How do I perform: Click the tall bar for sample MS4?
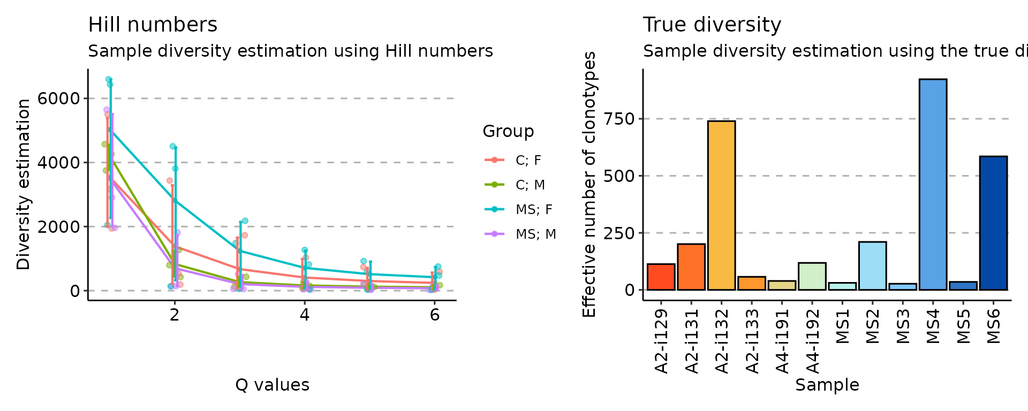pyautogui.click(x=933, y=185)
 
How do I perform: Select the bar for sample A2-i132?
pyautogui.click(x=721, y=205)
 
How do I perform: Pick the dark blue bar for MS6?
pyautogui.click(x=993, y=223)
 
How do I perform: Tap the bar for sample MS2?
pyautogui.click(x=872, y=266)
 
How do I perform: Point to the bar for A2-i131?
pyautogui.click(x=691, y=267)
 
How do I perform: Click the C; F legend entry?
pyautogui.click(x=528, y=160)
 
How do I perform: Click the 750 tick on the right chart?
pyautogui.click(x=619, y=119)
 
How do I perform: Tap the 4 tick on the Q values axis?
pyautogui.click(x=305, y=315)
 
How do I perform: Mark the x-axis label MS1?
pyautogui.click(x=843, y=327)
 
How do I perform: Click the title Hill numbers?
pyautogui.click(x=153, y=25)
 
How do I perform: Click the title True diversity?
pyautogui.click(x=712, y=25)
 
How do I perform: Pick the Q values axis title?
pyautogui.click(x=272, y=385)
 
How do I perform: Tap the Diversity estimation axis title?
pyautogui.click(x=24, y=185)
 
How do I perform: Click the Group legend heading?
pyautogui.click(x=508, y=131)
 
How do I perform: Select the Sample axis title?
pyautogui.click(x=827, y=385)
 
